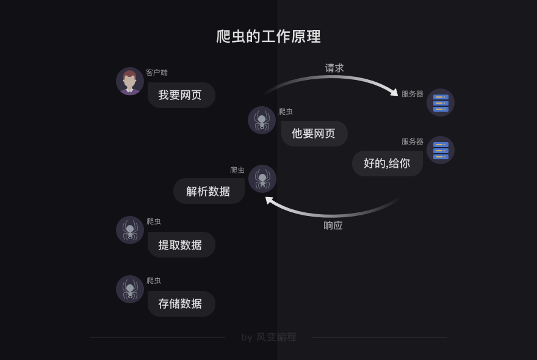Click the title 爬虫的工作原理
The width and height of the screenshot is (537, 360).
pos(268,37)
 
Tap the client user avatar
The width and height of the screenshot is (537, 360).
pos(130,81)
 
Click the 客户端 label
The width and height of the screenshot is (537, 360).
pos(157,73)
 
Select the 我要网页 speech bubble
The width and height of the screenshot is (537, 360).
pos(181,95)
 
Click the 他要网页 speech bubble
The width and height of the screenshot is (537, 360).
pos(314,134)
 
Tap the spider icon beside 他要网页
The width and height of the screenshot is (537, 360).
pos(262,120)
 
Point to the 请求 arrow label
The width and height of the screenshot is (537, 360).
pos(334,68)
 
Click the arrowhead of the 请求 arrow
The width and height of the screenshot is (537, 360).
pos(394,92)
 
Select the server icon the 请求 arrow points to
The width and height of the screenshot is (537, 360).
pos(441,103)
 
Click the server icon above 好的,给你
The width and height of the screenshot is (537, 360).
pos(441,150)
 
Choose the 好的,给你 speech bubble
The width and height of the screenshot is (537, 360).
pos(387,164)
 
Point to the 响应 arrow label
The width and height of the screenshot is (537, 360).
pos(333,226)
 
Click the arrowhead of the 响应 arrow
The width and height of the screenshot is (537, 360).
pos(269,200)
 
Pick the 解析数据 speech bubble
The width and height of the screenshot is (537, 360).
pos(209,191)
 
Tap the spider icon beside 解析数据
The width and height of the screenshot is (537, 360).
pos(262,179)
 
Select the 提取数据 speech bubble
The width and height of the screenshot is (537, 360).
pos(181,245)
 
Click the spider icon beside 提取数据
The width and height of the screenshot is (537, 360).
pos(130,230)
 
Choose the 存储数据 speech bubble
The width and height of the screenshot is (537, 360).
pos(181,304)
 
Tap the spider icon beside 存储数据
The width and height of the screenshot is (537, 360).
pos(130,289)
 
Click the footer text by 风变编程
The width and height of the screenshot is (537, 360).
pos(268,337)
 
